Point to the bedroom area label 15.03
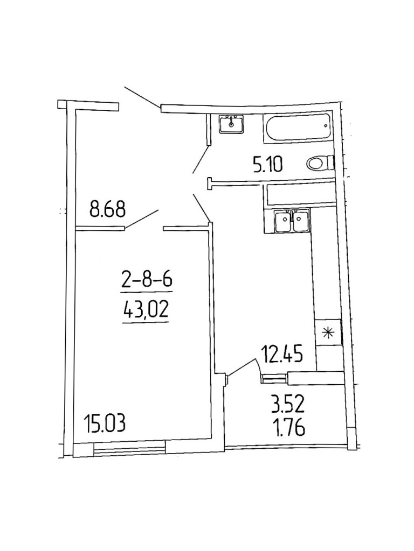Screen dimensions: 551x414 click(105, 423)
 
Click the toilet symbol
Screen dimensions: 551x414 click(319, 162)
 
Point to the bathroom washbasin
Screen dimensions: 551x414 click(232, 124)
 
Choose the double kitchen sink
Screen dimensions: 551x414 click(291, 221)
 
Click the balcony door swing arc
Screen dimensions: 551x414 click(245, 366)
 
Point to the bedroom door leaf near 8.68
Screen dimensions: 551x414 click(141, 219)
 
